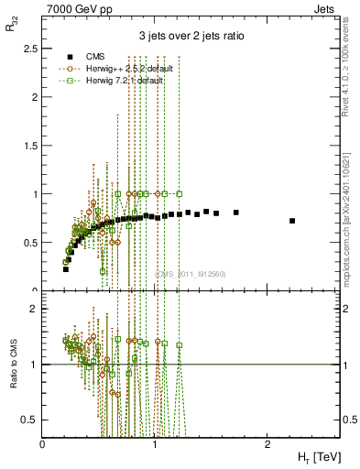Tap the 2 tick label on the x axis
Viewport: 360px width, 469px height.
267,442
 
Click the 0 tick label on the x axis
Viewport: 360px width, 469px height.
43,442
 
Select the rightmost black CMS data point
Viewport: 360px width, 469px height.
292,221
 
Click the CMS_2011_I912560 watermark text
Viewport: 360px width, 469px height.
191,273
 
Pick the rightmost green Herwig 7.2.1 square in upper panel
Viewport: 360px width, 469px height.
180,193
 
